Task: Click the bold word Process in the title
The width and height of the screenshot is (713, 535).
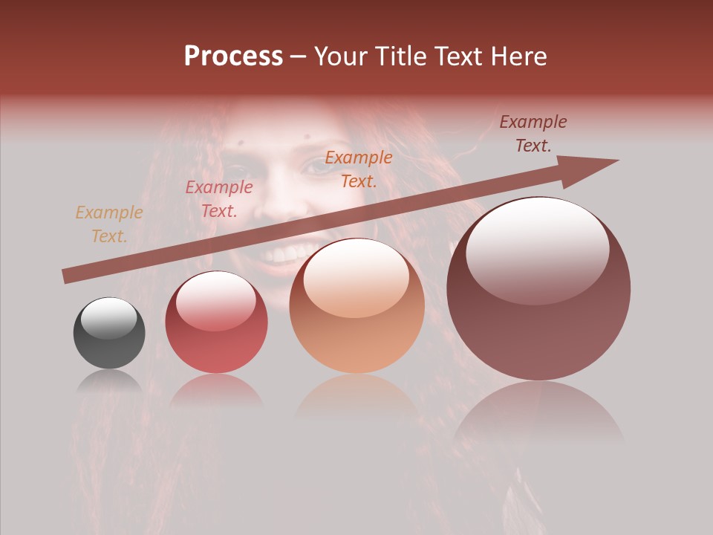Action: tap(233, 56)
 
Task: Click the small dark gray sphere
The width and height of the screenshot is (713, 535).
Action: tap(109, 333)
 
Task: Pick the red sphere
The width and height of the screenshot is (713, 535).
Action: tap(216, 322)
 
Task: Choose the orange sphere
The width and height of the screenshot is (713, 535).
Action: tap(356, 306)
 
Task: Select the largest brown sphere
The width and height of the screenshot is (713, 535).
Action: tap(538, 288)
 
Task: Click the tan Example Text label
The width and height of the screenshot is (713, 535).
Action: tap(109, 224)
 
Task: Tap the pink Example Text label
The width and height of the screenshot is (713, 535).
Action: tap(219, 199)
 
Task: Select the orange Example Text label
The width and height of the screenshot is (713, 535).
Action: tap(359, 169)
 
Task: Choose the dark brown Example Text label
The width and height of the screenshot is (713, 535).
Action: tap(533, 134)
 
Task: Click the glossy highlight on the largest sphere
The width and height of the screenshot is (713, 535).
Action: tap(537, 249)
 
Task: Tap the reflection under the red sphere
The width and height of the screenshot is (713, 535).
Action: tap(216, 390)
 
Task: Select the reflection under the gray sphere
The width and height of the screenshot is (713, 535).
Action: tap(109, 381)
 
